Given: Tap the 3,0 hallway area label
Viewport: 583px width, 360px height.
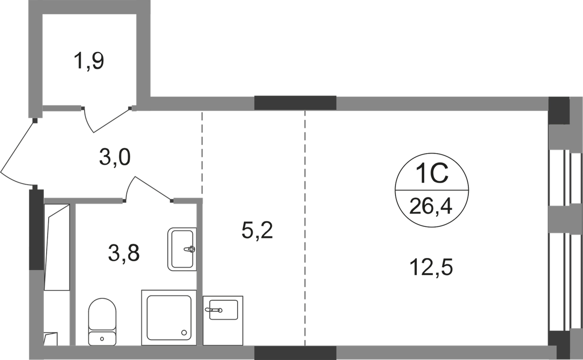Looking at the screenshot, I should pyautogui.click(x=115, y=158).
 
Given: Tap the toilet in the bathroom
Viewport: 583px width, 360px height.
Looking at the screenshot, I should pyautogui.click(x=102, y=321).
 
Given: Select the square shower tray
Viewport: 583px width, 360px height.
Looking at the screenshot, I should pyautogui.click(x=168, y=317).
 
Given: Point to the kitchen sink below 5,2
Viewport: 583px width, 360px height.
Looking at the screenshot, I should pyautogui.click(x=223, y=309).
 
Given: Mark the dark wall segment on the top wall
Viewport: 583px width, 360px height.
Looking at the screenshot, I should pyautogui.click(x=295, y=103).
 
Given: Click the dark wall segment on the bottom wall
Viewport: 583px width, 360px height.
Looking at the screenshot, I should pyautogui.click(x=295, y=353).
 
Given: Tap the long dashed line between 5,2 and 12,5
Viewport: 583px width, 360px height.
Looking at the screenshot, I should pyautogui.click(x=305, y=228).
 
